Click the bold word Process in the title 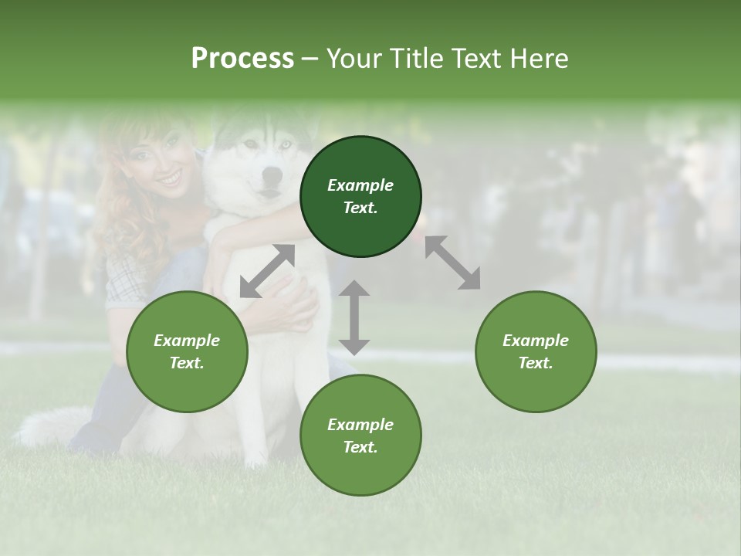pos(242,58)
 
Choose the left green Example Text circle pos(187,351)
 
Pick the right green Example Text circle pos(536,351)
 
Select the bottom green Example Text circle pos(360,436)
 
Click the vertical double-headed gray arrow pos(354,317)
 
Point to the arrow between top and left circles pos(267,271)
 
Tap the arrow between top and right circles pos(453,263)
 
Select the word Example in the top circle pos(360,185)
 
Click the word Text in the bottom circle pos(360,447)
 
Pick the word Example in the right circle pos(536,341)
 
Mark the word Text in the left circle pos(187,363)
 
